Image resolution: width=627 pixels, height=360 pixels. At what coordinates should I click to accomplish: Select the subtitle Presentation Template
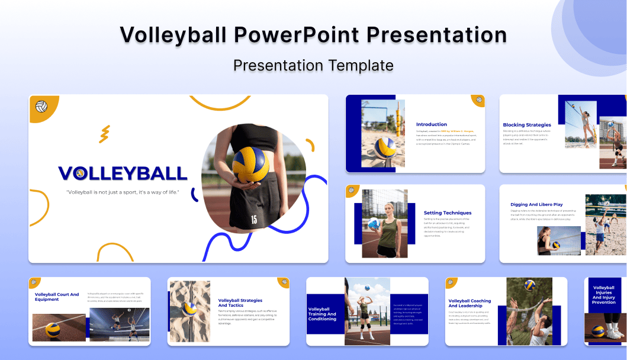click(x=313, y=65)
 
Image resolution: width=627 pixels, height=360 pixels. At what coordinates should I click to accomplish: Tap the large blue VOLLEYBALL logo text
click(x=123, y=173)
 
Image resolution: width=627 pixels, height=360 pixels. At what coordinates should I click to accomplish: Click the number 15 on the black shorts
click(x=254, y=219)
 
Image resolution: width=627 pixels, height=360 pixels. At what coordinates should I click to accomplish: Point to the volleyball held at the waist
click(x=252, y=165)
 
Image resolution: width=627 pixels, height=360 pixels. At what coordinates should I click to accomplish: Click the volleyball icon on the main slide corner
click(x=41, y=107)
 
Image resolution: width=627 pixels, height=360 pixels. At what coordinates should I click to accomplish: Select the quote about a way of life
click(x=123, y=192)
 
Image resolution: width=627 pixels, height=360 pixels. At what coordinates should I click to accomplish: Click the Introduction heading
click(x=432, y=124)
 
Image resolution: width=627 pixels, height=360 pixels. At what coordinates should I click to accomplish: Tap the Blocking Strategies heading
click(x=527, y=125)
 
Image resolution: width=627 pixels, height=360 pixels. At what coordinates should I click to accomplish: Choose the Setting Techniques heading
click(x=448, y=213)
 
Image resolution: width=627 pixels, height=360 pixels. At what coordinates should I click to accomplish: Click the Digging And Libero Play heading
click(x=536, y=204)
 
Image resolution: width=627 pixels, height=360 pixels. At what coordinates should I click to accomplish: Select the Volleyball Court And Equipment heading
click(x=57, y=297)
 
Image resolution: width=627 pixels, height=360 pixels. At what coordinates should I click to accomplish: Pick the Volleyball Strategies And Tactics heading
click(x=240, y=303)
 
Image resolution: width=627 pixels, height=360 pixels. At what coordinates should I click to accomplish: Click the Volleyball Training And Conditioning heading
click(x=323, y=314)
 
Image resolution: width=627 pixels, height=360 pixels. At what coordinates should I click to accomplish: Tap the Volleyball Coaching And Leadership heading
click(x=470, y=303)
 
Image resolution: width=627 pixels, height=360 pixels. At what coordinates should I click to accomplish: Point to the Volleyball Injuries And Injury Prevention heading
click(x=604, y=295)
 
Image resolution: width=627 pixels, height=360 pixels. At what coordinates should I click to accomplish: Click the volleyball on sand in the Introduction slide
click(x=385, y=147)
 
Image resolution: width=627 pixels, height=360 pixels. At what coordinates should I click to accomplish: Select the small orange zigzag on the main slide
click(x=104, y=134)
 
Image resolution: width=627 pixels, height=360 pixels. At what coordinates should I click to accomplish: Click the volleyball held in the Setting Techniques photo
click(x=374, y=224)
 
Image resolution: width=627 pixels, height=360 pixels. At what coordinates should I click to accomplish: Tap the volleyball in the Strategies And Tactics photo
click(x=190, y=308)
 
